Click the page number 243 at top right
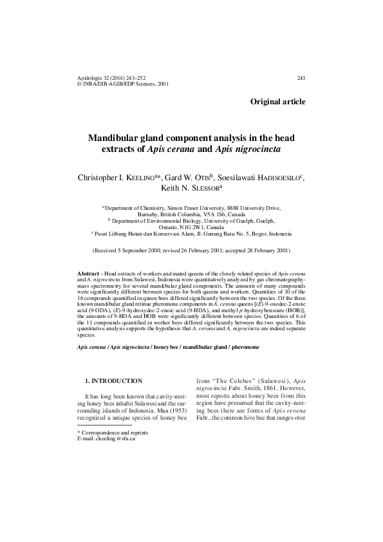coord(301,78)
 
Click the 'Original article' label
coord(277,102)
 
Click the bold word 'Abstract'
coord(88,274)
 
